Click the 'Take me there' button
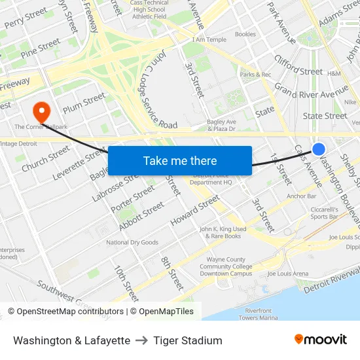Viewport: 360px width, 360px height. pyautogui.click(x=180, y=160)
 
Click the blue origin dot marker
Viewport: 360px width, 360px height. pyautogui.click(x=319, y=149)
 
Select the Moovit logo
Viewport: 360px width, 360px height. pyautogui.click(x=321, y=340)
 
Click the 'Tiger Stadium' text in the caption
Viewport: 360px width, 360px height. pyautogui.click(x=188, y=340)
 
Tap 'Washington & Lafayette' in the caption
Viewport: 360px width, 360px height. pyautogui.click(x=71, y=340)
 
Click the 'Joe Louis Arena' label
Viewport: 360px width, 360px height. pyautogui.click(x=288, y=274)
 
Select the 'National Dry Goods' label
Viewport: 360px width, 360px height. pyautogui.click(x=132, y=243)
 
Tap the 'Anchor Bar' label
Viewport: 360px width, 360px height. pyautogui.click(x=301, y=196)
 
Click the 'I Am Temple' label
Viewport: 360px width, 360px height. pyautogui.click(x=211, y=40)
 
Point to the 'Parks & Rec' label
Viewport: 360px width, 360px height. pyautogui.click(x=255, y=75)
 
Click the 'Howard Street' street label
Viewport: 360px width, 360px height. pyautogui.click(x=194, y=211)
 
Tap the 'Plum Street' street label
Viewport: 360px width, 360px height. pyautogui.click(x=84, y=103)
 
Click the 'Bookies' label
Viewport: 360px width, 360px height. pyautogui.click(x=245, y=34)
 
